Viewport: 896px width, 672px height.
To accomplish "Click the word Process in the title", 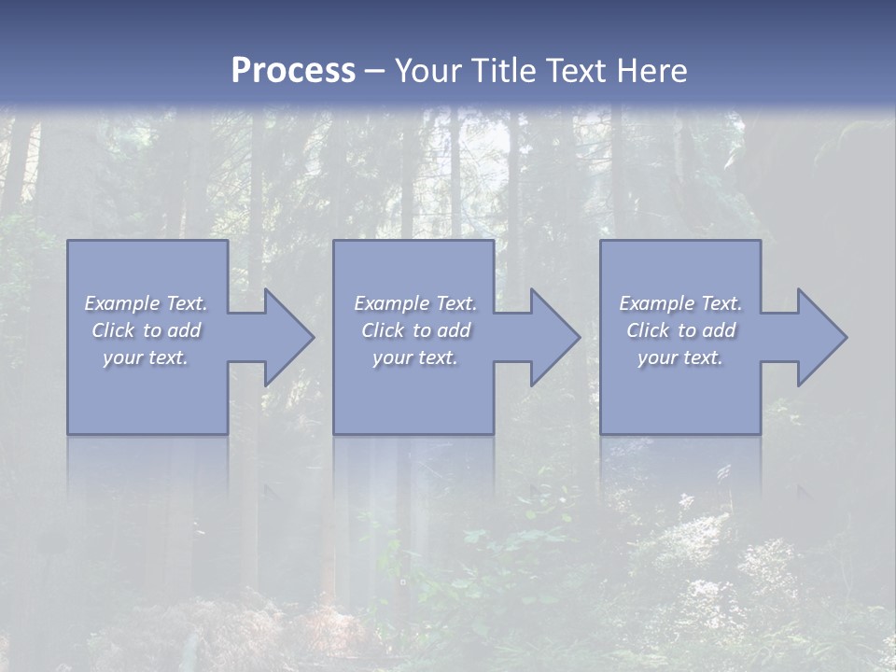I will click(x=293, y=71).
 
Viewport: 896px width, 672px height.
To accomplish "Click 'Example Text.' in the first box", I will click(x=146, y=303).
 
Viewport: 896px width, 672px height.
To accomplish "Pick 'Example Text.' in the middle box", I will click(x=415, y=303).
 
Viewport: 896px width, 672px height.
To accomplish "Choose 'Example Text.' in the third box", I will click(x=680, y=303).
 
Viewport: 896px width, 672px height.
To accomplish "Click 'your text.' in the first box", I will click(x=146, y=357).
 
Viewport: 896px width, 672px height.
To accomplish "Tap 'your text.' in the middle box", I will click(x=415, y=357).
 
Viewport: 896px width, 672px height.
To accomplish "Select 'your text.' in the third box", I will click(x=680, y=357).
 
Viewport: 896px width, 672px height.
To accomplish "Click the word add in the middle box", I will click(x=454, y=330).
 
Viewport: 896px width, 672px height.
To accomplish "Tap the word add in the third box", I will click(x=719, y=330).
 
